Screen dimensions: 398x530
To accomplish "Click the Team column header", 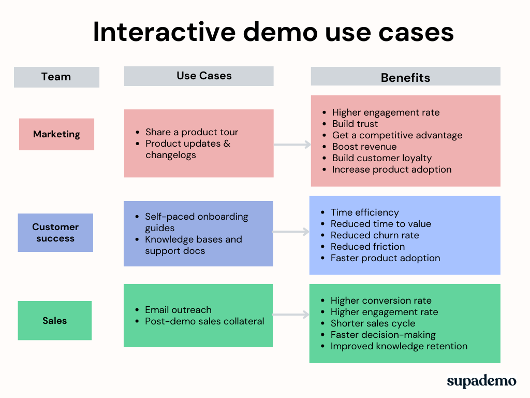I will (56, 77).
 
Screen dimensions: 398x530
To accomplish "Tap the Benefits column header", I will (405, 77).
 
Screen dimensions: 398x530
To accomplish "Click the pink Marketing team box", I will (56, 134).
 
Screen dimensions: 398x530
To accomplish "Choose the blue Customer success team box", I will (55, 233).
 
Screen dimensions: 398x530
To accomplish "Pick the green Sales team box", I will (54, 320).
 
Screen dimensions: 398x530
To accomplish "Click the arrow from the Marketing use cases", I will (292, 145).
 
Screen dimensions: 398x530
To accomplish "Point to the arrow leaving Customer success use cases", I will (291, 232).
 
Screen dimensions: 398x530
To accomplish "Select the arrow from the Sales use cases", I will (291, 315).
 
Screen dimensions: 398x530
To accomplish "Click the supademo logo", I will (481, 381).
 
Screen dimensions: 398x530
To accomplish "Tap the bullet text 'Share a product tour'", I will (192, 132).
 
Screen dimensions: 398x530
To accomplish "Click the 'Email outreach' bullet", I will (178, 310).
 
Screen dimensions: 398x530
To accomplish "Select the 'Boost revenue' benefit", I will (364, 147).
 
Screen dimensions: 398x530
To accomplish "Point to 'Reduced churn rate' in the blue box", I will (375, 235).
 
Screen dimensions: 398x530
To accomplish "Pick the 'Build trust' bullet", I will (355, 124).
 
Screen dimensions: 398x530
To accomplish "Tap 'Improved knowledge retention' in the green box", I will (399, 346).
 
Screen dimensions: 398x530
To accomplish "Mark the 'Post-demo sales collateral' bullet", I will (204, 321).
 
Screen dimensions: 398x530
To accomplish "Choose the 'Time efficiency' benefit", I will (364, 212).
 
